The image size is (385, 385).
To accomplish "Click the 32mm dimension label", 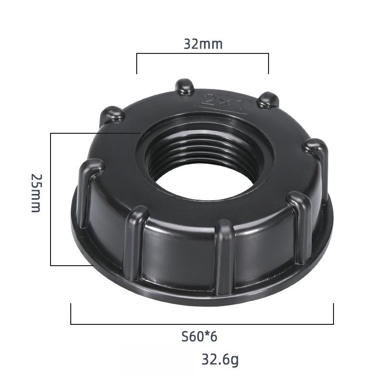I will (203, 44).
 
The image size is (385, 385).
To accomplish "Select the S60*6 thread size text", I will (199, 336).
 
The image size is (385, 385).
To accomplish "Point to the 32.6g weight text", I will (220, 359).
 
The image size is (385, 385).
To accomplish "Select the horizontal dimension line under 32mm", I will (203, 54).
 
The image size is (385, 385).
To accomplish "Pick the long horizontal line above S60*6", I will (202, 324).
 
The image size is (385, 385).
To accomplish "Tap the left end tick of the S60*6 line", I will (71, 314).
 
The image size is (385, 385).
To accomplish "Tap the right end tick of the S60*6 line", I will (333, 314).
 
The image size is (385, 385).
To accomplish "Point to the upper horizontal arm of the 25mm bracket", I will (91, 133).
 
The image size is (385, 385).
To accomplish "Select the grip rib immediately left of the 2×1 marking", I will (185, 87).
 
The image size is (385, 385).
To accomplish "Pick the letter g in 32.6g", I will (234, 360).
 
